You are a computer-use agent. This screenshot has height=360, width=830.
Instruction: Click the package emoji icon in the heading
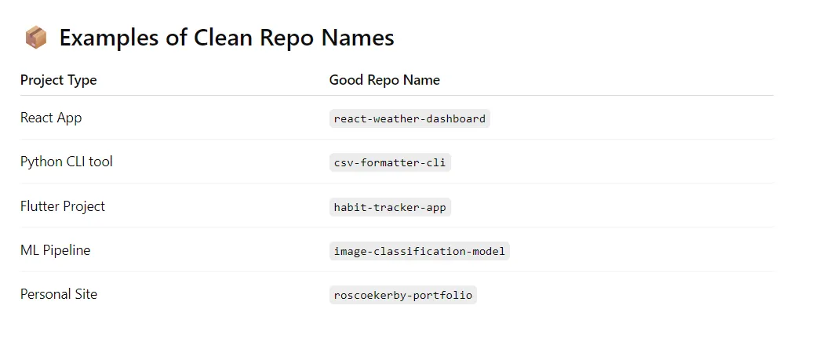pos(35,37)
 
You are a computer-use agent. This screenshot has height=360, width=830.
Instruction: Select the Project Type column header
pos(59,80)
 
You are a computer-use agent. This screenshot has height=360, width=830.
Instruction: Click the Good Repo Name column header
pos(384,80)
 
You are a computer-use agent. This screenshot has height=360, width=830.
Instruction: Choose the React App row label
pos(51,118)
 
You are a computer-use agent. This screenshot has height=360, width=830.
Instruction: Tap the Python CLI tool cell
pos(67,162)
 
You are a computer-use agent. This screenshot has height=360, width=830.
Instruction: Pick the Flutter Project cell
pos(63,206)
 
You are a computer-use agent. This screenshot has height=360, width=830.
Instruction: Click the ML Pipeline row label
pos(55,250)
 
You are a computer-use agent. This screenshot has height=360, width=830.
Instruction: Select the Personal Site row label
pos(59,294)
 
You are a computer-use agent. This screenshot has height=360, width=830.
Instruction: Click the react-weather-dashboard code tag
pos(410,119)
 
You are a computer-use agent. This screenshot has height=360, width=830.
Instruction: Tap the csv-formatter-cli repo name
pos(390,163)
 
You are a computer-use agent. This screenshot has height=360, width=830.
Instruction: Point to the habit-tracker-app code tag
pos(390,207)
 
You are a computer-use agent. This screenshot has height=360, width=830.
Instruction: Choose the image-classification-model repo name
pos(420,251)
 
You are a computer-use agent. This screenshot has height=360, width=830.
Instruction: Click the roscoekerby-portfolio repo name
pos(403,296)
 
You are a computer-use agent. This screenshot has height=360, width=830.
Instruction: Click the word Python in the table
pos(40,162)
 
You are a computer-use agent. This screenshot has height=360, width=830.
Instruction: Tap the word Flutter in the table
pos(40,206)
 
